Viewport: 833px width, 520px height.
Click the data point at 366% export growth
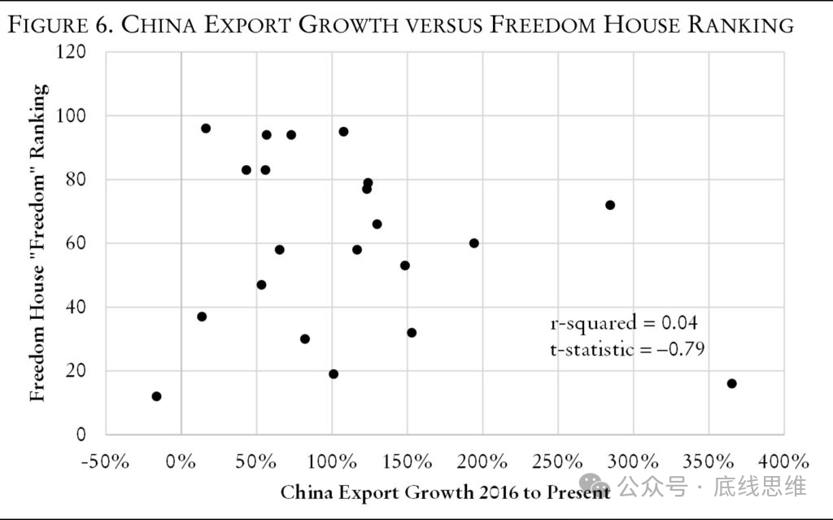pyautogui.click(x=731, y=383)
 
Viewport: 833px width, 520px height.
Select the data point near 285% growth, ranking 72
pyautogui.click(x=610, y=205)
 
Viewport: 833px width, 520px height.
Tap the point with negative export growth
pyautogui.click(x=156, y=396)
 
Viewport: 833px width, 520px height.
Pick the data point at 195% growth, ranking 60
pyautogui.click(x=474, y=243)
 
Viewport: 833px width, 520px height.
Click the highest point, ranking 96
pyautogui.click(x=206, y=129)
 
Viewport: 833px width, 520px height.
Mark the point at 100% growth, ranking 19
pyautogui.click(x=334, y=374)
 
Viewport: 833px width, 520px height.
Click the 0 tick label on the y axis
pyautogui.click(x=81, y=435)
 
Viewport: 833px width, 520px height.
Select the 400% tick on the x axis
pyautogui.click(x=784, y=461)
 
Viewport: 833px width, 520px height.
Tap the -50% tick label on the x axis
pyautogui.click(x=105, y=461)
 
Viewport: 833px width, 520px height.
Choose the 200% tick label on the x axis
pyautogui.click(x=482, y=461)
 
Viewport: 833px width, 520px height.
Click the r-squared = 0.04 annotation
pyautogui.click(x=624, y=323)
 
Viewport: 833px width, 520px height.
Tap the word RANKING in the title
pyautogui.click(x=740, y=25)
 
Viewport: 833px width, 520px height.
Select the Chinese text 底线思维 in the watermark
pyautogui.click(x=760, y=487)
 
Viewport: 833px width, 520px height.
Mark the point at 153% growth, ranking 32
pyautogui.click(x=412, y=333)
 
